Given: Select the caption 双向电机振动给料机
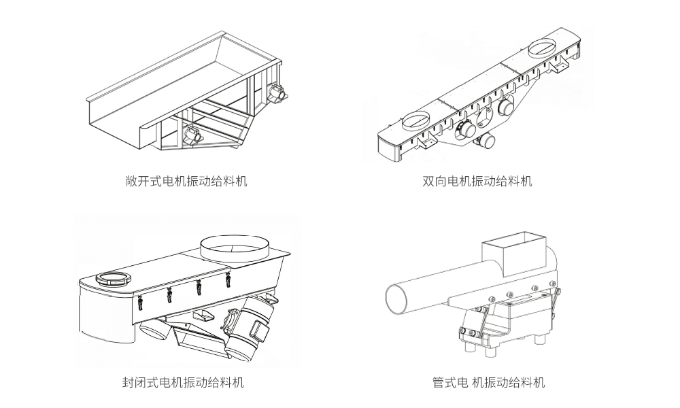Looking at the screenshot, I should coord(477,182).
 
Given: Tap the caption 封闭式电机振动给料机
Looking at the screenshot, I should coord(183,382).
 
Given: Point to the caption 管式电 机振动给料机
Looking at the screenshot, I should coord(488,382).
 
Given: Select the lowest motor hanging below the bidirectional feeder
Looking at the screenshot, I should coord(486,141).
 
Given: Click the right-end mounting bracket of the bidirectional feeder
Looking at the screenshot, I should coord(561,65).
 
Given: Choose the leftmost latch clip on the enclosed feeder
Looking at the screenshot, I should coord(141,301).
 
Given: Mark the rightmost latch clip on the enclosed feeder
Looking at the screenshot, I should coord(228,279).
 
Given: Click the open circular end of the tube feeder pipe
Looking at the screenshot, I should coord(397,297).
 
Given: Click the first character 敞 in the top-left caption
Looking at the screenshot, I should coord(132,182).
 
